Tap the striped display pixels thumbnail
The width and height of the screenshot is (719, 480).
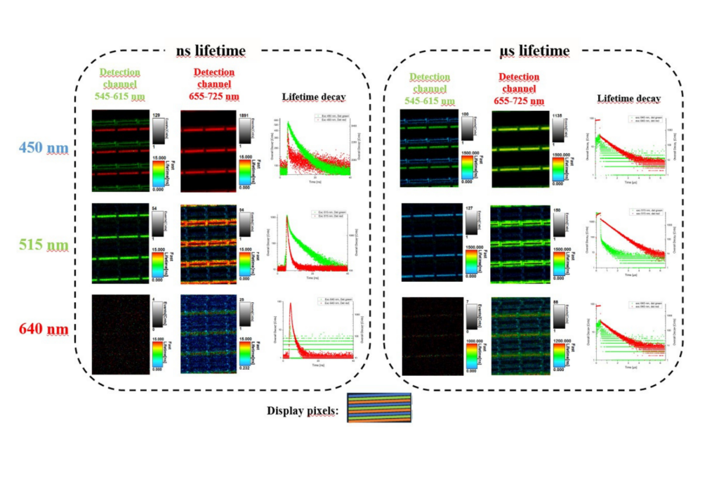[379, 407]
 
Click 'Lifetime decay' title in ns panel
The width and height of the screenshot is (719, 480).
[313, 97]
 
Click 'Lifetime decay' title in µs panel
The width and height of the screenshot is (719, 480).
[629, 98]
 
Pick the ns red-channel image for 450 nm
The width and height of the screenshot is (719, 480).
[209, 150]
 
